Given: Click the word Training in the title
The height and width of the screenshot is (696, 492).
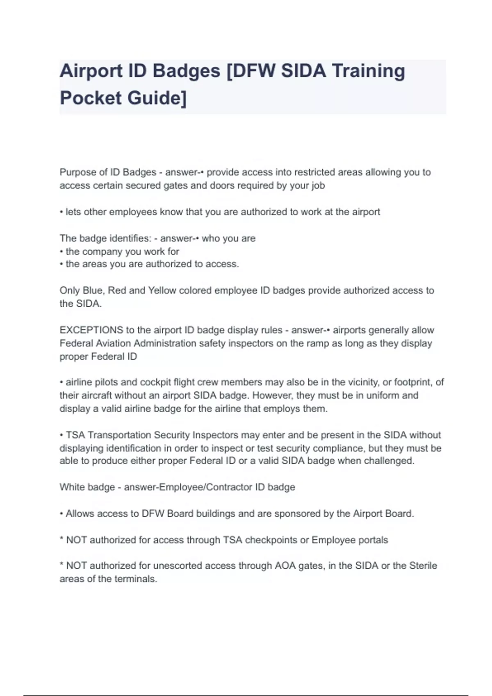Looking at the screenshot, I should coord(368,71).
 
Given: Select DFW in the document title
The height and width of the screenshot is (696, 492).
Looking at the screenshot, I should coord(254,71).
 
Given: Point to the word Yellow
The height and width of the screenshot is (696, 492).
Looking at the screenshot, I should coord(162,291).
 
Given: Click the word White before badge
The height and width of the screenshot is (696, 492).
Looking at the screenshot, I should coord(72,487).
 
